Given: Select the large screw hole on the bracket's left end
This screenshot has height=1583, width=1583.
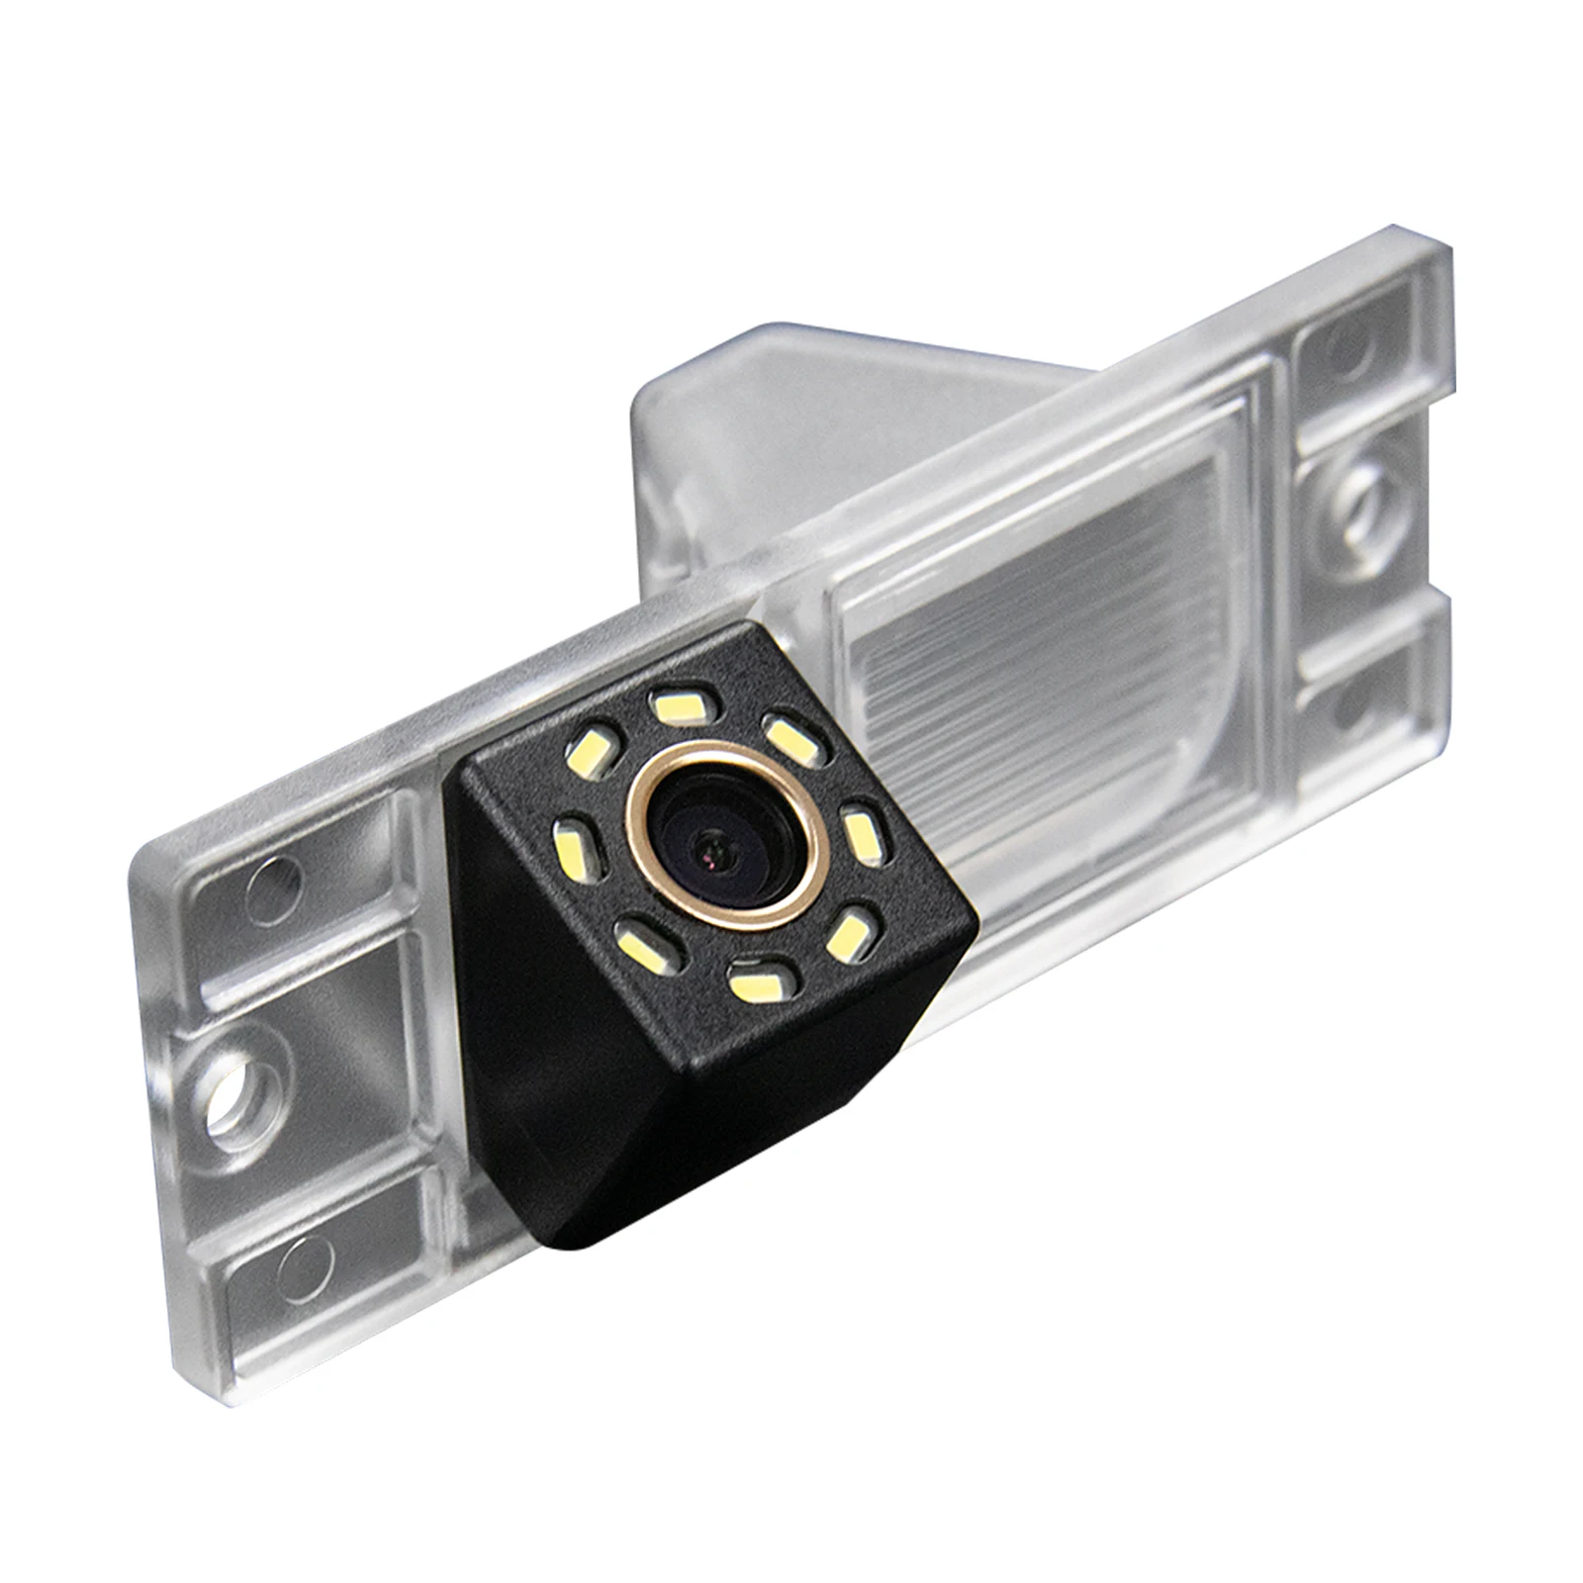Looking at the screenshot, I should tap(238, 1076).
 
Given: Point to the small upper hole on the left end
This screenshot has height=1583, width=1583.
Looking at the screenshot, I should tap(271, 876).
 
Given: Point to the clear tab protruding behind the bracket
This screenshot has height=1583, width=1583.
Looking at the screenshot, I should tap(693, 416).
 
